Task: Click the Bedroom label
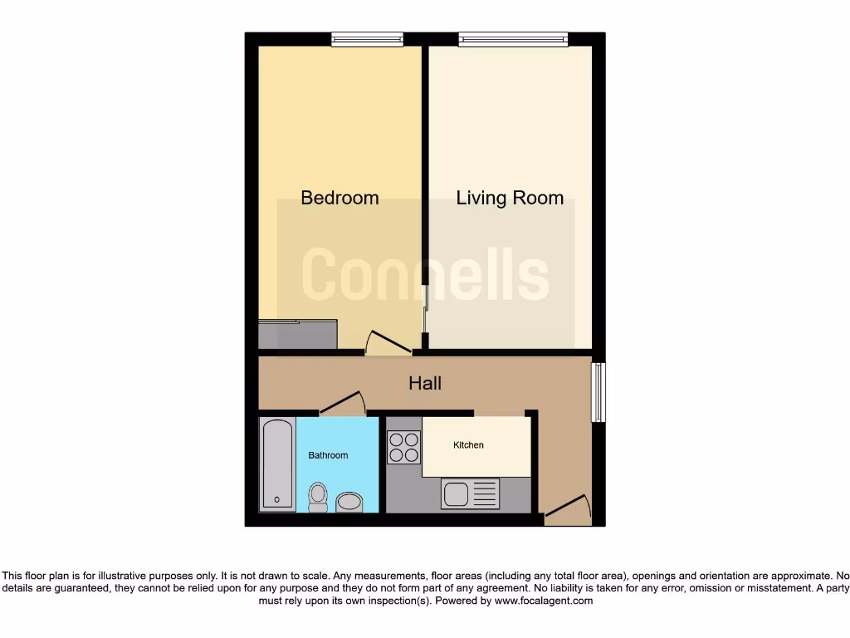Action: (x=340, y=198)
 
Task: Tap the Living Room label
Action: (x=510, y=198)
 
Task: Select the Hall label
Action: (x=425, y=383)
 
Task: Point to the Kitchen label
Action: (x=468, y=445)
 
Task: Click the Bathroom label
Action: (x=328, y=455)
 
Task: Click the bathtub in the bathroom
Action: (x=276, y=464)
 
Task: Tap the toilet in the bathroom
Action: (x=317, y=496)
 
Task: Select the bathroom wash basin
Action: (x=350, y=501)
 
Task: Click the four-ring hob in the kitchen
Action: (x=404, y=448)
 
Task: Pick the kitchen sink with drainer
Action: (x=471, y=493)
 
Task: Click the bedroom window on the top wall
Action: (x=367, y=38)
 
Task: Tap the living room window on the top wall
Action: (x=513, y=38)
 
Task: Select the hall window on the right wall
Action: (x=598, y=391)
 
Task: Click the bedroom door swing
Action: (x=387, y=342)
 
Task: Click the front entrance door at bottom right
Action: (x=568, y=509)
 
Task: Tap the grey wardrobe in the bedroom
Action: (x=298, y=334)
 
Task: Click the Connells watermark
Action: (x=425, y=274)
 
